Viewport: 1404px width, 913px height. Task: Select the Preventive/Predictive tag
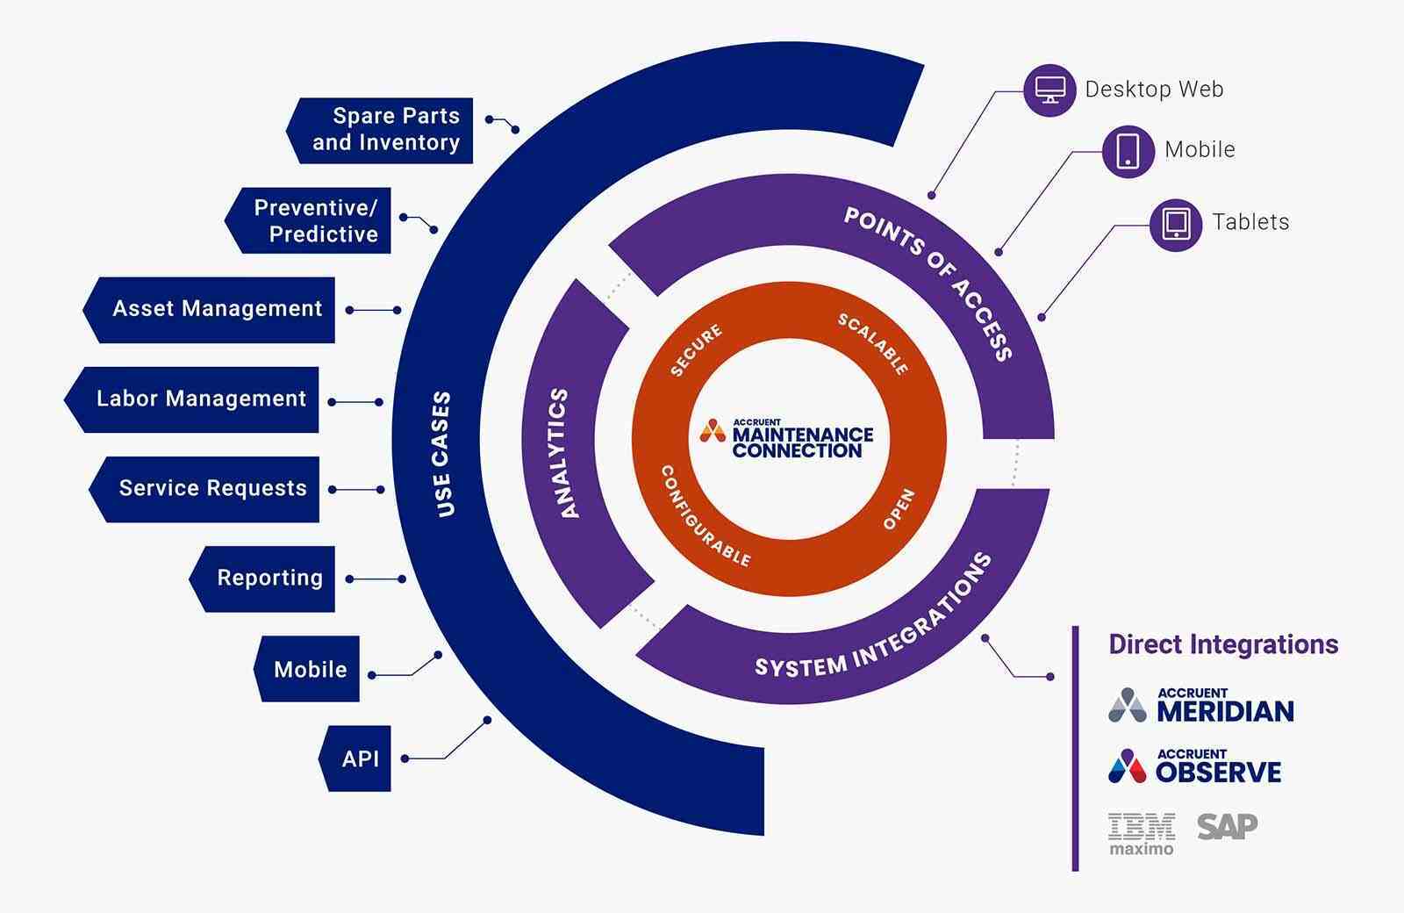pos(313,221)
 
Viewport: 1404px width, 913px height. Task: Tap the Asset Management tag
pos(215,309)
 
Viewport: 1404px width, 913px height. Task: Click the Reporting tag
pos(268,579)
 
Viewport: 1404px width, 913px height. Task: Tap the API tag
pos(359,758)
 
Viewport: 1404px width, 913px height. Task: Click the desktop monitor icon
pos(1049,90)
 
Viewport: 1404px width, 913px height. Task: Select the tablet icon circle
pos(1176,224)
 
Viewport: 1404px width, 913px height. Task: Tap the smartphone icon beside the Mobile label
pos(1128,151)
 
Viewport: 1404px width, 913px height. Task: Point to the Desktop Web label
pos(1154,90)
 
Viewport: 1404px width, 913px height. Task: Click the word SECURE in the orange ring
pos(696,350)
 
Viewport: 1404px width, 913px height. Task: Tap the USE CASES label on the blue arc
pos(443,453)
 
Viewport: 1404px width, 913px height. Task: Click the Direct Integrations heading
pos(1223,644)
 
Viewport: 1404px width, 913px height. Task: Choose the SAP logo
pos(1227,826)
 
